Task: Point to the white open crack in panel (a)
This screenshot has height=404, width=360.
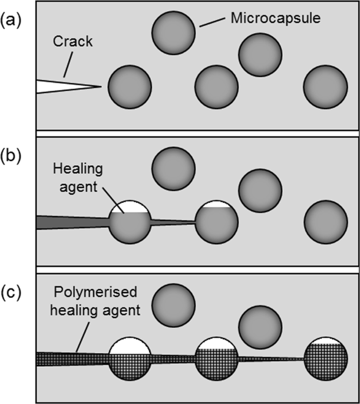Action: click(59, 86)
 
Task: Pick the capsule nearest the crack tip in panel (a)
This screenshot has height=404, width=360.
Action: click(130, 87)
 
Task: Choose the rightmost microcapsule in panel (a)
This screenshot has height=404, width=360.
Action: click(326, 87)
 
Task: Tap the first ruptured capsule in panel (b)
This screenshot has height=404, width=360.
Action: click(130, 221)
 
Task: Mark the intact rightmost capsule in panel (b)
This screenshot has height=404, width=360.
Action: click(326, 221)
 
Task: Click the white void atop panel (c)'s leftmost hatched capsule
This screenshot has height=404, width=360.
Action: click(130, 345)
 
